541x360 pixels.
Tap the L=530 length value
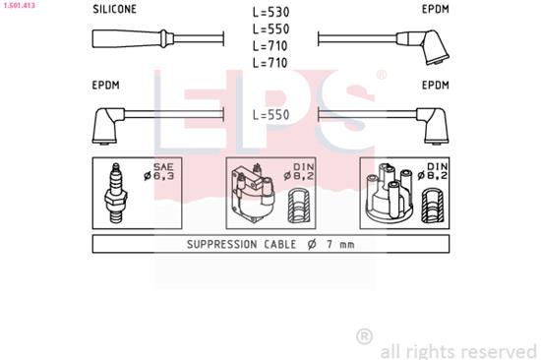pos(270,13)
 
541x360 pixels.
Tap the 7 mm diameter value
pos(340,244)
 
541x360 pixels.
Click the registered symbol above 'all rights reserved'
pos(364,336)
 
